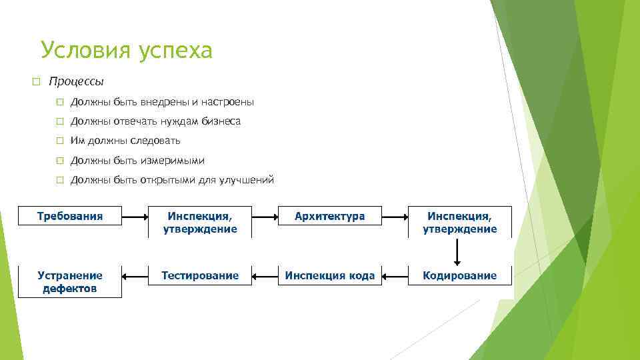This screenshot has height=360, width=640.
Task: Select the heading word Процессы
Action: pos(77,82)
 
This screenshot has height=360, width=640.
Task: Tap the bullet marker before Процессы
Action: pos(36,82)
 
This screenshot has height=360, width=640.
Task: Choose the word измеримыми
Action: pos(172,161)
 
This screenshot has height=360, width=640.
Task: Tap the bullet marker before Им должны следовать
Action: pos(59,141)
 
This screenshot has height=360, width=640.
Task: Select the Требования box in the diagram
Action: pos(70,216)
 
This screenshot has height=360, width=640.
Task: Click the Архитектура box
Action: pos(330,216)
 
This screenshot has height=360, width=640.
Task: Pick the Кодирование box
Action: pos(460,275)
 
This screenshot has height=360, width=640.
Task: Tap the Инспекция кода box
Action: pos(330,275)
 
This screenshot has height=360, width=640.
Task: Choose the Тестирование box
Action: pos(200,275)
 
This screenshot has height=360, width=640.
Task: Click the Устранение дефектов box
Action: pos(70,281)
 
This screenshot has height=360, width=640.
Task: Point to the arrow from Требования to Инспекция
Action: pos(135,217)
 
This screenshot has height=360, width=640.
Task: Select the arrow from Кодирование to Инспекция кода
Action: pos(395,275)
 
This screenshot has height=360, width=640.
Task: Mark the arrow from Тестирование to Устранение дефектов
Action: pos(135,275)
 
